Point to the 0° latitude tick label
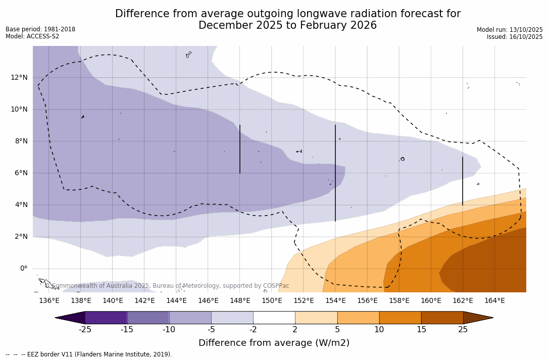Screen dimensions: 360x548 click(x=23, y=268)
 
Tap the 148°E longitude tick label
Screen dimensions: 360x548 click(x=240, y=300)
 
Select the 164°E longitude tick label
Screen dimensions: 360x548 click(x=494, y=300)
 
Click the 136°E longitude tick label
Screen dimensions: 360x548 click(x=49, y=300)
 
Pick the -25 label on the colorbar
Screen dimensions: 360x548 click(x=85, y=330)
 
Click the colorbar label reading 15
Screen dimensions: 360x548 click(x=421, y=330)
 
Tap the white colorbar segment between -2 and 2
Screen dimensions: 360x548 click(x=274, y=318)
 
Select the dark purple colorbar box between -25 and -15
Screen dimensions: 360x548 click(x=106, y=318)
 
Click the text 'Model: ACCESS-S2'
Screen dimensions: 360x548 click(x=32, y=36)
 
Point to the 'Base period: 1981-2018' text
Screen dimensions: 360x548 click(x=40, y=29)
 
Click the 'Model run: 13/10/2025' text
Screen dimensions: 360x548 click(x=510, y=30)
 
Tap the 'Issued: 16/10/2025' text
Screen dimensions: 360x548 click(x=515, y=37)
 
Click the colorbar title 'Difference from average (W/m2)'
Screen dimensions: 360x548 click(x=274, y=343)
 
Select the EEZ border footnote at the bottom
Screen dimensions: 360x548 click(x=89, y=354)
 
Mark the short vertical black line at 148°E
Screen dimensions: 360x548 click(x=240, y=149)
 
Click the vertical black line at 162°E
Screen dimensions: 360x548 click(x=463, y=181)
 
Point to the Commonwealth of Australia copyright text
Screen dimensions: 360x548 click(x=167, y=286)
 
